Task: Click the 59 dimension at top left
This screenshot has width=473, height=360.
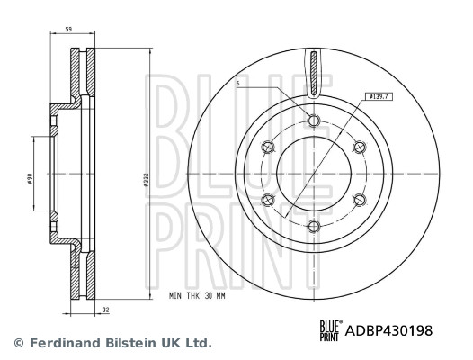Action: [69, 29]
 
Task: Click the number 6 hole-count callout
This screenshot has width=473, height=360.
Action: [237, 85]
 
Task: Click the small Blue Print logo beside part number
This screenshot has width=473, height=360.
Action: [330, 331]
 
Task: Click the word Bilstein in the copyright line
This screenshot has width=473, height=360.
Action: [138, 343]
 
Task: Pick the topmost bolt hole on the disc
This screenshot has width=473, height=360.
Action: [313, 122]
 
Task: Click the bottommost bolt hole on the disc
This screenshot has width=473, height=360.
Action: [313, 225]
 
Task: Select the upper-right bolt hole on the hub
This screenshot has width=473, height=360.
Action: [359, 148]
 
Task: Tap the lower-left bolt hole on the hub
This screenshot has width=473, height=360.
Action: [267, 200]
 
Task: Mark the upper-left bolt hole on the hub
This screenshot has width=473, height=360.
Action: [267, 148]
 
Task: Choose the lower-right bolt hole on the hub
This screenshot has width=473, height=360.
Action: [359, 200]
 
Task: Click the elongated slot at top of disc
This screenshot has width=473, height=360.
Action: [313, 72]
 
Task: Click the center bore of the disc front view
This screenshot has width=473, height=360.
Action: [313, 174]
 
